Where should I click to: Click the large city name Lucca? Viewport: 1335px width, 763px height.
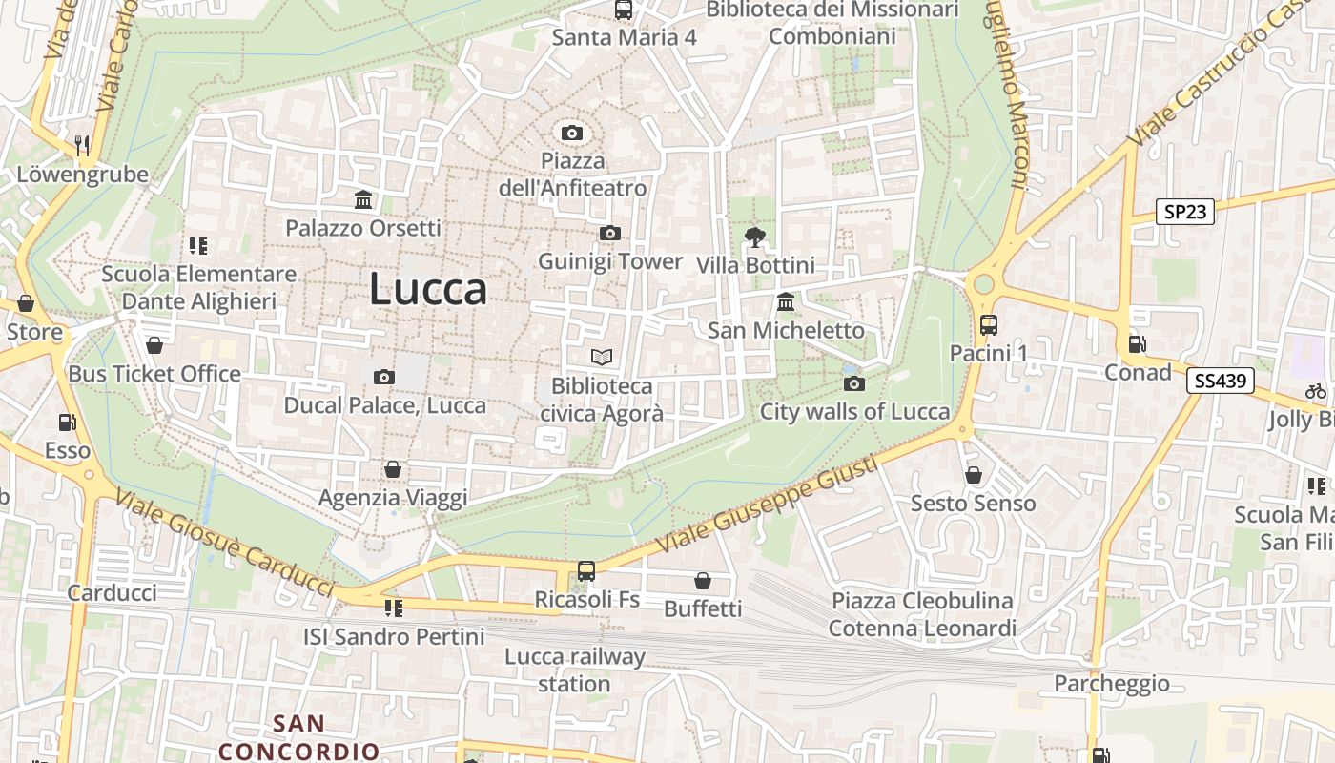[x=428, y=289]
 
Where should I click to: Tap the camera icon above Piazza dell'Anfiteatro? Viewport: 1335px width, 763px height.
[x=571, y=133]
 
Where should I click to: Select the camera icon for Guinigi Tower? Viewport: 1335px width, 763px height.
[x=609, y=233]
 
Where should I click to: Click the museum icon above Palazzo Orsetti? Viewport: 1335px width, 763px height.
[x=363, y=200]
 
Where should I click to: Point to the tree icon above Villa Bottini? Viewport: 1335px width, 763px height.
[x=755, y=237]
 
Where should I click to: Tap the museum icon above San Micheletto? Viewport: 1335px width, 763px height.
[x=786, y=302]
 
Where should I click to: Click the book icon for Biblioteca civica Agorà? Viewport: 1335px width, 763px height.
[x=601, y=358]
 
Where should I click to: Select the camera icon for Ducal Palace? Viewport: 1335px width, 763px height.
[x=384, y=377]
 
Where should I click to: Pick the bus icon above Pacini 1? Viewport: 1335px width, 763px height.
[x=989, y=324]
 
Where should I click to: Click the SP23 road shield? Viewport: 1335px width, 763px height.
[x=1185, y=212]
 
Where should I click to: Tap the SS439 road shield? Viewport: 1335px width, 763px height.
[x=1220, y=381]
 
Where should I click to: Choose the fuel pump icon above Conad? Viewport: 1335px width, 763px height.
[x=1137, y=344]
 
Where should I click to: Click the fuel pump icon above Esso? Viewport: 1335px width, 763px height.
[x=67, y=422]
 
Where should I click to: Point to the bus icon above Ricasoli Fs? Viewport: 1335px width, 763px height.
[x=585, y=571]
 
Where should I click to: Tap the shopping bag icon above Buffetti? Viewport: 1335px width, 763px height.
[x=703, y=580]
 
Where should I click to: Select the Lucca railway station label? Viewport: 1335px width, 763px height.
[x=574, y=670]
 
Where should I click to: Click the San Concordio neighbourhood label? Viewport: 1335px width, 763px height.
[x=299, y=737]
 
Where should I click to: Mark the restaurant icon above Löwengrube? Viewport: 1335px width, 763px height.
[x=82, y=145]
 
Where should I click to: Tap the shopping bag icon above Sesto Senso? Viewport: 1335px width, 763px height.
[x=973, y=474]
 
